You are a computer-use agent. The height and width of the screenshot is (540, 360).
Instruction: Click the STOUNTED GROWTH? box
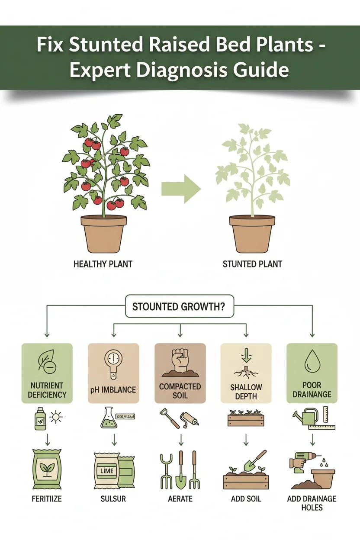[x=179, y=307]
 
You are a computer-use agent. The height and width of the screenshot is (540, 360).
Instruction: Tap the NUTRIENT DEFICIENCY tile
[x=47, y=373]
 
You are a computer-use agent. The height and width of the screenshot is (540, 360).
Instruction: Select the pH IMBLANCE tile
[x=113, y=373]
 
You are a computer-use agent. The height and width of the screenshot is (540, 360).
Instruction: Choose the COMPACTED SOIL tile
[x=180, y=373]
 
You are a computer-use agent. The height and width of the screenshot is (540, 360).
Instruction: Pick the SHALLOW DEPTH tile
[x=246, y=373]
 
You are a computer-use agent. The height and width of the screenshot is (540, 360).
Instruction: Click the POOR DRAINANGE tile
[x=312, y=373]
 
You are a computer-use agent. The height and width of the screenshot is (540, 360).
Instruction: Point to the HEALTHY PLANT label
[x=103, y=264]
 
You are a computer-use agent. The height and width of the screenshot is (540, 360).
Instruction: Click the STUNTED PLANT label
[x=252, y=264]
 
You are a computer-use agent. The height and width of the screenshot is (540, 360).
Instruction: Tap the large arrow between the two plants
[x=181, y=189]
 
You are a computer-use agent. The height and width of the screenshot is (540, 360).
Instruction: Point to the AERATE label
[x=180, y=499]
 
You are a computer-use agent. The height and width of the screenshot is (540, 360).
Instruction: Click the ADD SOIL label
[x=246, y=499]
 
